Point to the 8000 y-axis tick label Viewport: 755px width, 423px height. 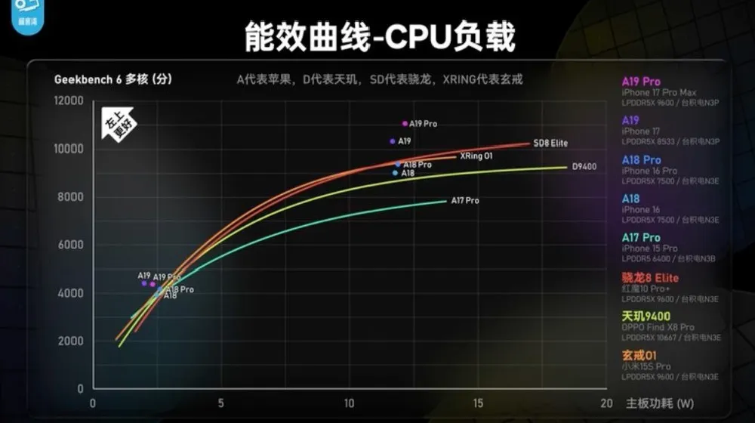click(x=70, y=197)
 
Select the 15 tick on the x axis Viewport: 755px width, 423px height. click(x=478, y=403)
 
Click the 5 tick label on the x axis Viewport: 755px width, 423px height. click(x=220, y=403)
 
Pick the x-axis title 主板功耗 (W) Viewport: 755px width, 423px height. click(x=660, y=403)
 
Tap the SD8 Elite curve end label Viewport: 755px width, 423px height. click(x=550, y=143)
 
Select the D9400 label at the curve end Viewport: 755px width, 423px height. click(x=584, y=167)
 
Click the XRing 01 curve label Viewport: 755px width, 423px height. click(x=476, y=156)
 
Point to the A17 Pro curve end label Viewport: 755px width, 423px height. click(x=465, y=201)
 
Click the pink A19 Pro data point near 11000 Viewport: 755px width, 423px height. click(x=405, y=123)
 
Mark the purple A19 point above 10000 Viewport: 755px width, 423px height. click(x=393, y=141)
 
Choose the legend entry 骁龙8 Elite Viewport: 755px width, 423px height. click(x=650, y=277)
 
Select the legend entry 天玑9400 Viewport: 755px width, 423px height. click(x=646, y=316)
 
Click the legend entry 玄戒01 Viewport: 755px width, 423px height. click(x=639, y=355)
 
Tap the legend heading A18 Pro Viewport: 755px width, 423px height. click(x=641, y=160)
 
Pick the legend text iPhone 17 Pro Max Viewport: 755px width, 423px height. click(x=658, y=92)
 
